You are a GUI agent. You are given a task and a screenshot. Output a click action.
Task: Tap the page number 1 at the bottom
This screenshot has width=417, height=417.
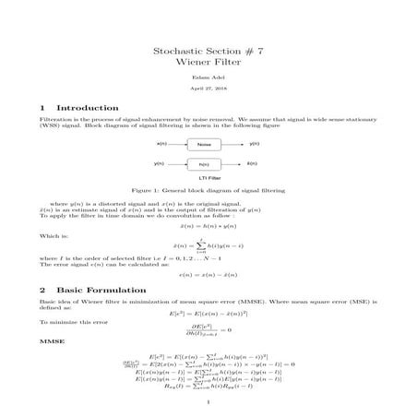pos(208,401)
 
